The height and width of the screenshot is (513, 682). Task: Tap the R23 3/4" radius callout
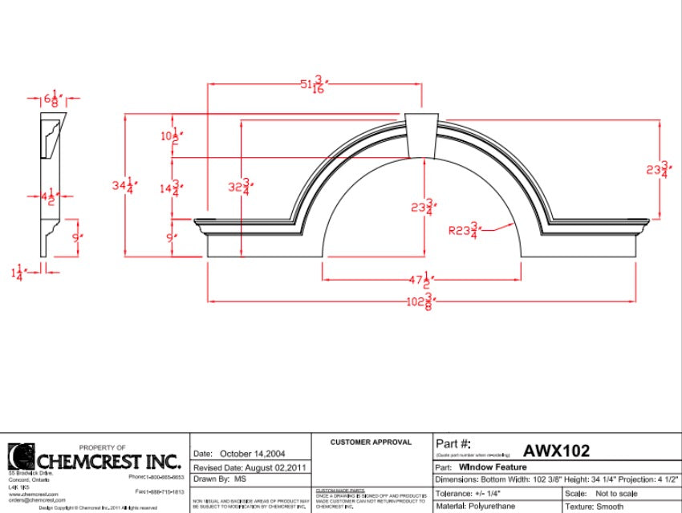pyautogui.click(x=463, y=231)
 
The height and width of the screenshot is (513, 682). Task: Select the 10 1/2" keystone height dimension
pyautogui.click(x=169, y=136)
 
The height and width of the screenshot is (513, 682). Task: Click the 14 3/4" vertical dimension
pyautogui.click(x=169, y=188)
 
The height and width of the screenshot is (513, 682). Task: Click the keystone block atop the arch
pyautogui.click(x=423, y=135)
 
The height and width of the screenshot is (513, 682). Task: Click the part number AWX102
pyautogui.click(x=556, y=450)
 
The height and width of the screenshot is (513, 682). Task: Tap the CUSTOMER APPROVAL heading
pyautogui.click(x=371, y=442)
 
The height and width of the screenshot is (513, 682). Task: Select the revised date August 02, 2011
pyautogui.click(x=264, y=467)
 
